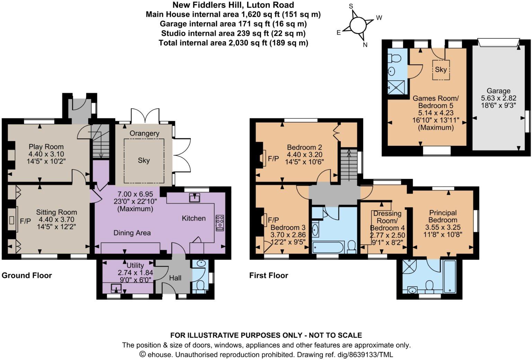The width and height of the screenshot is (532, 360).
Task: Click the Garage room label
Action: click(x=498, y=91)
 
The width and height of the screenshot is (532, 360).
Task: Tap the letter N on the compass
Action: click(x=365, y=45)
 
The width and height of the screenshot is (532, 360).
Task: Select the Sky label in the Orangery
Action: click(x=143, y=160)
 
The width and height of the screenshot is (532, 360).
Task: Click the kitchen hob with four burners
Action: click(x=220, y=223)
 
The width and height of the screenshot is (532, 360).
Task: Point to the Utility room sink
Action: click(x=116, y=288)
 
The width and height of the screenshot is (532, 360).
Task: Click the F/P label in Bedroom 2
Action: click(x=273, y=159)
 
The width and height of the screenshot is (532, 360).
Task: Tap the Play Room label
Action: click(x=46, y=147)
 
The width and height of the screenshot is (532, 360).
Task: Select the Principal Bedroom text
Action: click(x=443, y=216)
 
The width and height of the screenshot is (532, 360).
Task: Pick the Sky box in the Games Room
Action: click(x=441, y=70)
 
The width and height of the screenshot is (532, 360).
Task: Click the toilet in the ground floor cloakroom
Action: click(x=200, y=286)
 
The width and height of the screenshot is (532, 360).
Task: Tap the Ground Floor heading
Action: click(x=27, y=276)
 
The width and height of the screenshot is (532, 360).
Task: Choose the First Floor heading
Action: click(x=268, y=276)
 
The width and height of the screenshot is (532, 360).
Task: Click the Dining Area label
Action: click(x=132, y=233)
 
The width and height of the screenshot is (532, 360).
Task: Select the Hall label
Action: click(x=175, y=278)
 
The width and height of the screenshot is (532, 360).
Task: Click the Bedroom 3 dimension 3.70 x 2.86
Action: click(x=288, y=235)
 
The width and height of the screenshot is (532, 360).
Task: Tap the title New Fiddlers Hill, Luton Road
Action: click(x=233, y=5)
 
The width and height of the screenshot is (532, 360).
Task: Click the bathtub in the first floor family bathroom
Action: click(x=328, y=247)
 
